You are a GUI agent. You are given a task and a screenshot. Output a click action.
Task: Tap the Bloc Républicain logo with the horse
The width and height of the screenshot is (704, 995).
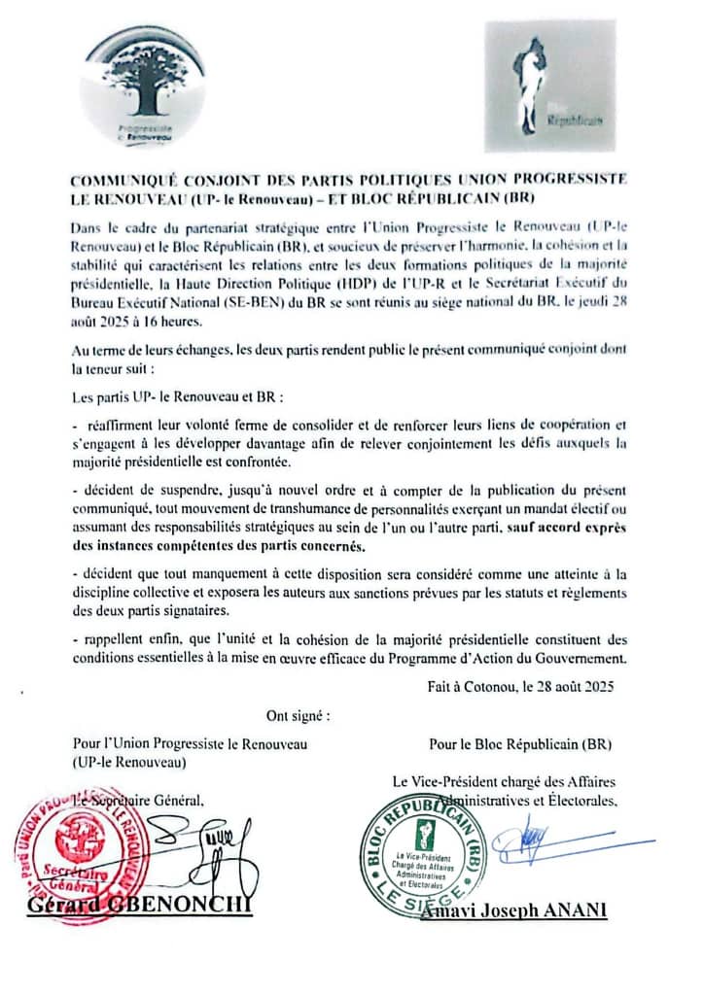coord(549,86)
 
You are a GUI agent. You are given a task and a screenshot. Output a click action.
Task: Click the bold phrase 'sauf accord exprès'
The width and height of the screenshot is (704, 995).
coord(569,527)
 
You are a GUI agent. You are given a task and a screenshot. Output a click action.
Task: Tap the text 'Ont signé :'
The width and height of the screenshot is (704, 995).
coord(298,716)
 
